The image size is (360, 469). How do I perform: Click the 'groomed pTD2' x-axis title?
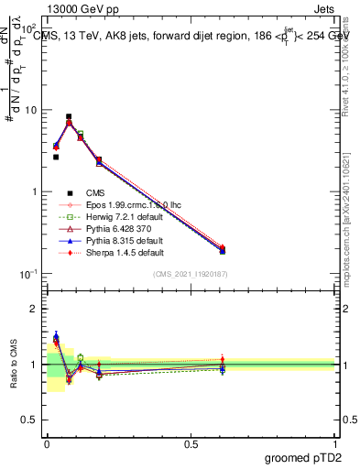[305, 457]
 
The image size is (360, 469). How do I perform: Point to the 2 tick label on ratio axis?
[36, 309]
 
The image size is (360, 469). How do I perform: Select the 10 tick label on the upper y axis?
[30, 110]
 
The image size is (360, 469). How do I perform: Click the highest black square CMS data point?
[69, 117]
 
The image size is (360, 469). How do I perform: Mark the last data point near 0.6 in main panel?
[222, 249]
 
